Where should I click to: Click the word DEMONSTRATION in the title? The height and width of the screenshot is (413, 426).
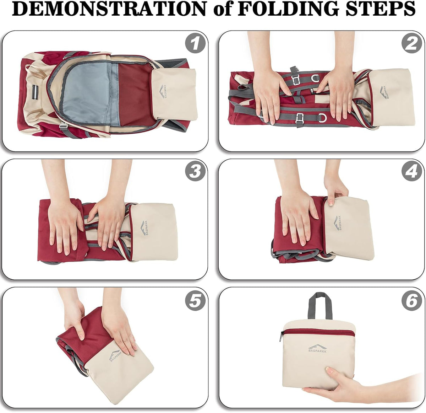pyautogui.click(x=109, y=9)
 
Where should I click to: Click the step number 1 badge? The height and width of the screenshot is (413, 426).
pyautogui.click(x=195, y=43)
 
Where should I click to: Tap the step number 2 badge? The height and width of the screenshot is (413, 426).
pyautogui.click(x=411, y=43)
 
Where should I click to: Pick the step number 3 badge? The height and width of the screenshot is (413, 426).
pyautogui.click(x=195, y=171)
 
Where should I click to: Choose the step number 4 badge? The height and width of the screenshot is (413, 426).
pyautogui.click(x=411, y=171)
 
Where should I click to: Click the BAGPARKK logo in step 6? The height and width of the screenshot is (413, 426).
pyautogui.click(x=317, y=349)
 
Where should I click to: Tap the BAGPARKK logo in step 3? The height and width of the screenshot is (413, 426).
pyautogui.click(x=144, y=228)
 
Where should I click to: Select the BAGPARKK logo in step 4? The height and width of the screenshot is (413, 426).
pyautogui.click(x=337, y=223)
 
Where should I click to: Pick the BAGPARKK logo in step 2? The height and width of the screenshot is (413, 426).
pyautogui.click(x=384, y=92)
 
